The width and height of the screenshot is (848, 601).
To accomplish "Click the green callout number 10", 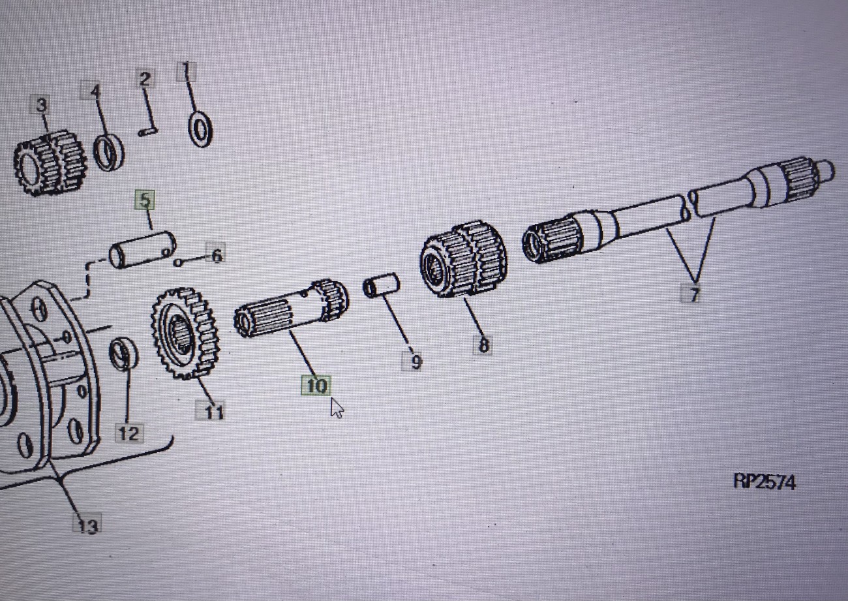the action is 316,386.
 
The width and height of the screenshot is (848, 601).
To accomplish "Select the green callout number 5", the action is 145,200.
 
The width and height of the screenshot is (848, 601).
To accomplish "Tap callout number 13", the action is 87,524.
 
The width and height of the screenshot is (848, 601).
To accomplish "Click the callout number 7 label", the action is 690,294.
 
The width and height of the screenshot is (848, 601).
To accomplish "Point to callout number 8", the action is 483,345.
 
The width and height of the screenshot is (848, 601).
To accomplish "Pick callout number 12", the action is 129,433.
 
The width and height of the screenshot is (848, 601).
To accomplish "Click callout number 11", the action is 210,410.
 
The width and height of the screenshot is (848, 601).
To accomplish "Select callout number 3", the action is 40,104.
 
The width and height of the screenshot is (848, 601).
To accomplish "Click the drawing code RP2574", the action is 764,482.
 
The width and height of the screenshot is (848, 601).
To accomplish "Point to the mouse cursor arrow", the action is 336,407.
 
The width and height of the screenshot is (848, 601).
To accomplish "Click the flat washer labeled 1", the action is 200,129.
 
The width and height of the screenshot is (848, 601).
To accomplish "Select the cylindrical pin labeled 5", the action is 142,249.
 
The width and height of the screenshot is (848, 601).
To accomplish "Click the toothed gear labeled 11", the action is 185,333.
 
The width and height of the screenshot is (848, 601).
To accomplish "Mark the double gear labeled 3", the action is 51,163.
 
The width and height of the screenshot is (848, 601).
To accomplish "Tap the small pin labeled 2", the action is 148,131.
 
